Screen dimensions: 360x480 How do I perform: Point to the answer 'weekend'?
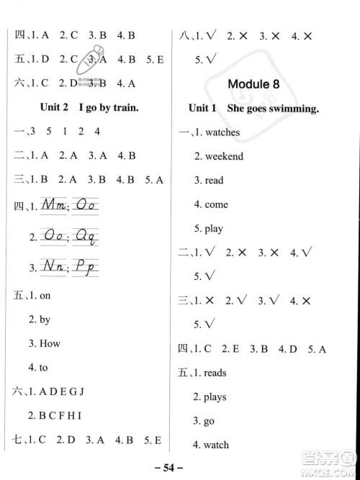(224, 156)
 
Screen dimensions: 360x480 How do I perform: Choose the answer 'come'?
(216, 204)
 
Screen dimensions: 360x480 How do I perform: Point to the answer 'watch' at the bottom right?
(216, 445)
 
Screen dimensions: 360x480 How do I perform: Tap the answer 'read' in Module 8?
(214, 181)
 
